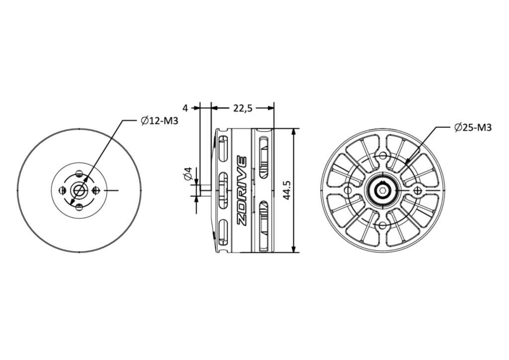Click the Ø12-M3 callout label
[160, 121]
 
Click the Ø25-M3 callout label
[473, 128]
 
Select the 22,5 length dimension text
[243, 108]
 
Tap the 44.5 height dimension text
[286, 190]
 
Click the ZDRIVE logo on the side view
[242, 191]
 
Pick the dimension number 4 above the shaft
[185, 108]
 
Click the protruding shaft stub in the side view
[206, 190]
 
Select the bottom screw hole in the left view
[79, 206]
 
